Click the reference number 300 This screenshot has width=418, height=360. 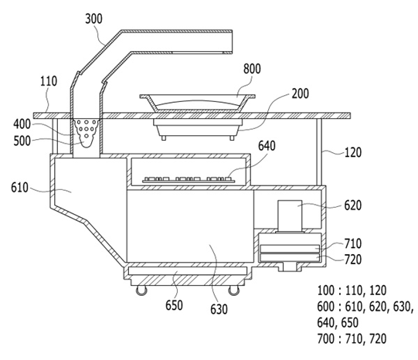(x=93, y=19)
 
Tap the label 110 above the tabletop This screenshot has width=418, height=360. (x=49, y=81)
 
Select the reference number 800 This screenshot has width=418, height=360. (x=252, y=69)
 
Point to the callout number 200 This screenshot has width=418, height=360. (x=300, y=93)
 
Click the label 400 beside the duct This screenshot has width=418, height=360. (x=22, y=124)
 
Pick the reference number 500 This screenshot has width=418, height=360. (x=22, y=141)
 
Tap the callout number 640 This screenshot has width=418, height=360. (x=267, y=146)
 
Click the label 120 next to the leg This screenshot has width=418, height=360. (x=353, y=153)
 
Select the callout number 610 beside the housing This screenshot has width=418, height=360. (x=19, y=188)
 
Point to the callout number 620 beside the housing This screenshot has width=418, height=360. (x=353, y=205)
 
